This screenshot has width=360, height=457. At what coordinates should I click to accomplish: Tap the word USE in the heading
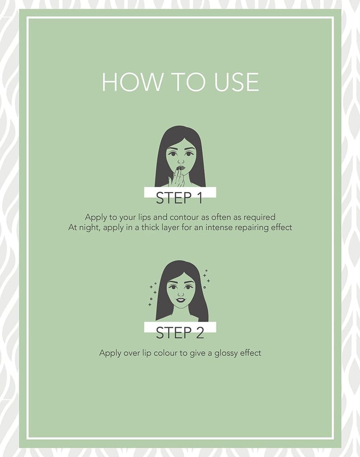click(236, 82)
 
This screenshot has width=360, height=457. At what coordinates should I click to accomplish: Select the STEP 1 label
click(180, 198)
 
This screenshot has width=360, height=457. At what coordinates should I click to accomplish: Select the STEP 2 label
click(180, 333)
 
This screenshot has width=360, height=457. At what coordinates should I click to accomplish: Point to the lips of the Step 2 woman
click(180, 299)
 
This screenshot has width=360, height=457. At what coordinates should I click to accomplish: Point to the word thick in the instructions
click(151, 227)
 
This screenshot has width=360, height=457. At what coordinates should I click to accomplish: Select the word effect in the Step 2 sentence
click(251, 353)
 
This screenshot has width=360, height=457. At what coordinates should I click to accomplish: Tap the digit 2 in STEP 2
click(200, 333)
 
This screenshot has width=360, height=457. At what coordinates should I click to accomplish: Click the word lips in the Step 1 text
click(145, 217)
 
